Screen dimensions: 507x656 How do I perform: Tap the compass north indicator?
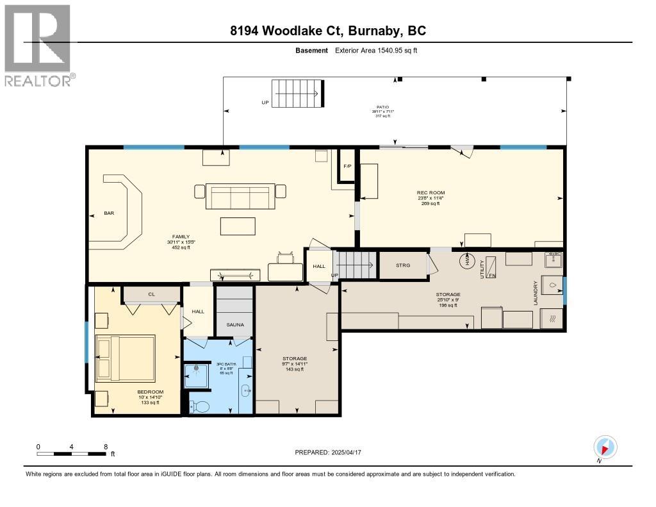tap(605, 447)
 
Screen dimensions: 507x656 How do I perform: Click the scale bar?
tap(72, 454)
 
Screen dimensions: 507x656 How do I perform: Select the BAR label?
tap(110, 213)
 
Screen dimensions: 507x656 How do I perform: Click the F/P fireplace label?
tap(347, 167)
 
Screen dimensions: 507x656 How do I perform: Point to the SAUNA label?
tap(235, 325)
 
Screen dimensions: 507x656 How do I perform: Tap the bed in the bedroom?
tap(126, 357)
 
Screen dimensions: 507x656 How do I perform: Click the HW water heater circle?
tap(466, 261)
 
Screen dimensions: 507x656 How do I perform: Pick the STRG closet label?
tap(403, 265)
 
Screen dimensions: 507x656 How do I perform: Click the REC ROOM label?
tap(430, 193)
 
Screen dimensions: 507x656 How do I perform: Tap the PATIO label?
tap(382, 107)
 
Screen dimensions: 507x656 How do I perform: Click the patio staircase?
tap(296, 95)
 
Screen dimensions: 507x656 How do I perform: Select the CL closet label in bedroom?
tap(152, 294)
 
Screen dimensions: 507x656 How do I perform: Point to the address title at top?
tap(328, 31)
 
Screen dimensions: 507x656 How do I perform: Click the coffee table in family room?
tap(238, 226)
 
